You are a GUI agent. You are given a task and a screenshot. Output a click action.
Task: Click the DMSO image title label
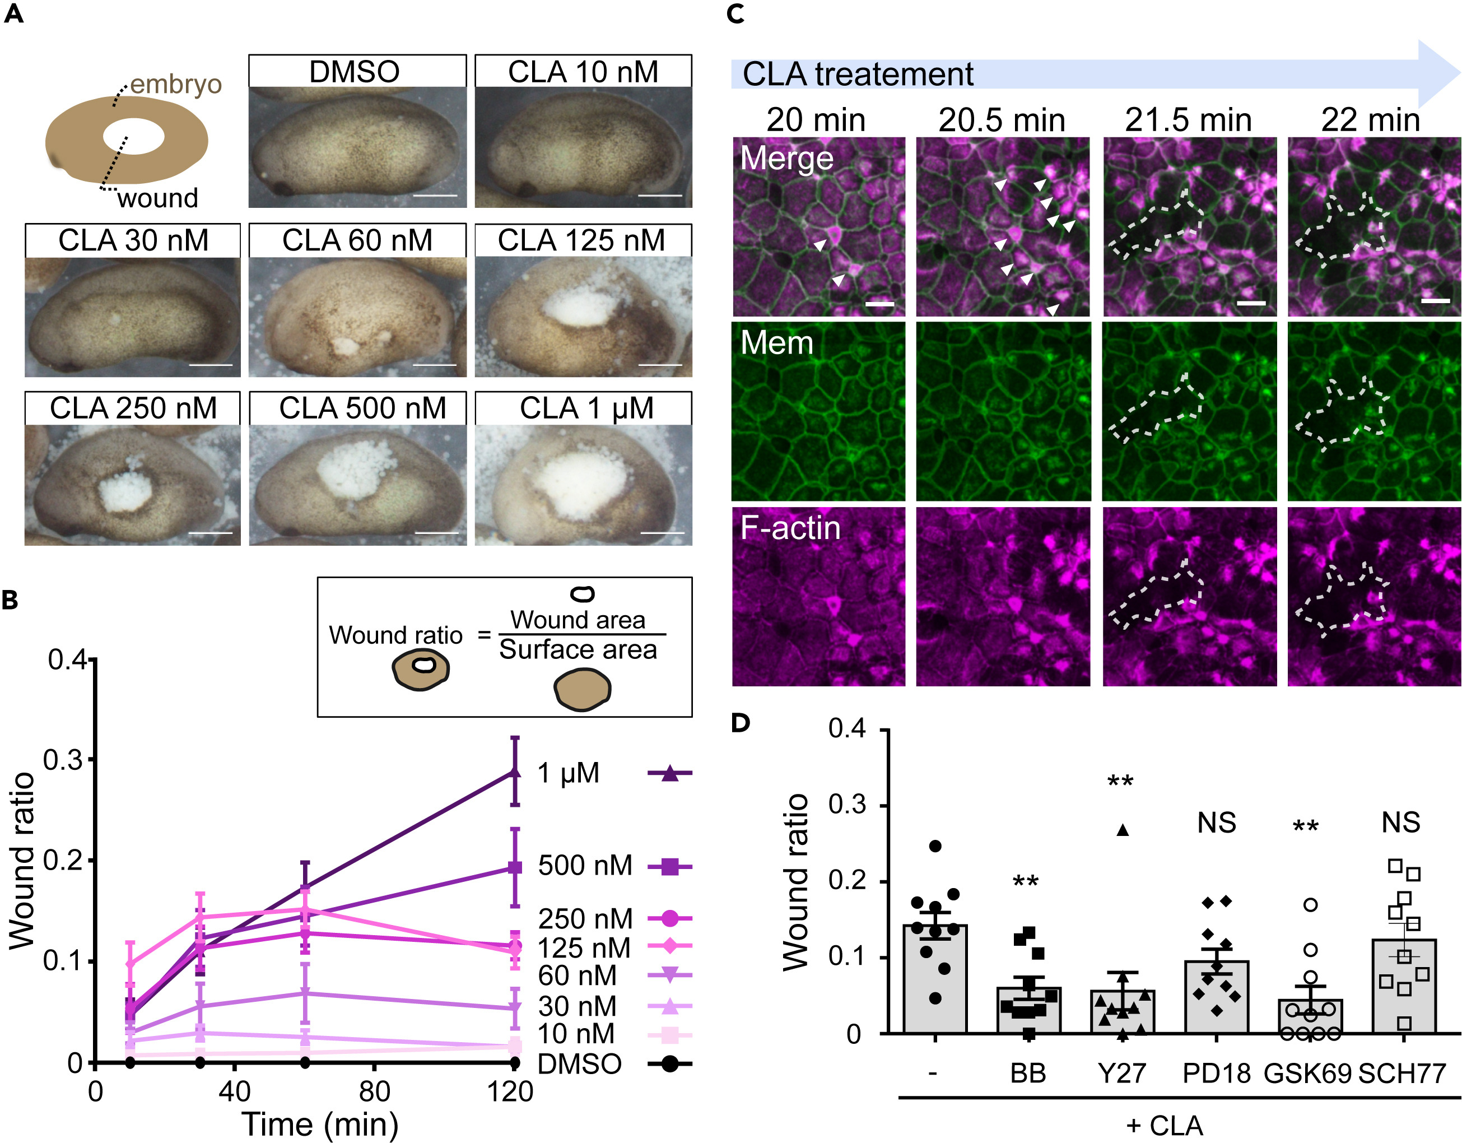point(354,72)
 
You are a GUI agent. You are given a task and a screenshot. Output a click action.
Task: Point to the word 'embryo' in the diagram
point(175,85)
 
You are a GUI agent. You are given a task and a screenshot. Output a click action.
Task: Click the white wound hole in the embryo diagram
point(134,137)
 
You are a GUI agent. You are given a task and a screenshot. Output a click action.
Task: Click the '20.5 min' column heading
point(1002,120)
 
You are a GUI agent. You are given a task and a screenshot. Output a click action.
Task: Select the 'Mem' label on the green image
point(776,343)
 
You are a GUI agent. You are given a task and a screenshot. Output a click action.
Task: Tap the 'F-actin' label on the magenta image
point(790,528)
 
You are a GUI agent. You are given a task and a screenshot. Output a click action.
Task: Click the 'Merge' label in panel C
point(786,159)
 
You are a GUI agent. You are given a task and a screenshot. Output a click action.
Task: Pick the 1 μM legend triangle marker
point(669,773)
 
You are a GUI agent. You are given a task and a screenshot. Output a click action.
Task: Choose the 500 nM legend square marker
point(669,866)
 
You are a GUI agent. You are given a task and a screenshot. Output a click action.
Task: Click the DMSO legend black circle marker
point(669,1063)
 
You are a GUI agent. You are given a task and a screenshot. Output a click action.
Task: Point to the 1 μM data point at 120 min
point(515,772)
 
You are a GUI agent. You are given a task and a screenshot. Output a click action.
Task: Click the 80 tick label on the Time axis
point(374,1092)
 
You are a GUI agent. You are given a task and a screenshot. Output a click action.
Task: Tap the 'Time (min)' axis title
point(319,1125)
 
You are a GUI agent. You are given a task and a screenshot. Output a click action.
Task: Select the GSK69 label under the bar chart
point(1307,1074)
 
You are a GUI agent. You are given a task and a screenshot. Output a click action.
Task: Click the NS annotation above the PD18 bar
point(1216,823)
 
